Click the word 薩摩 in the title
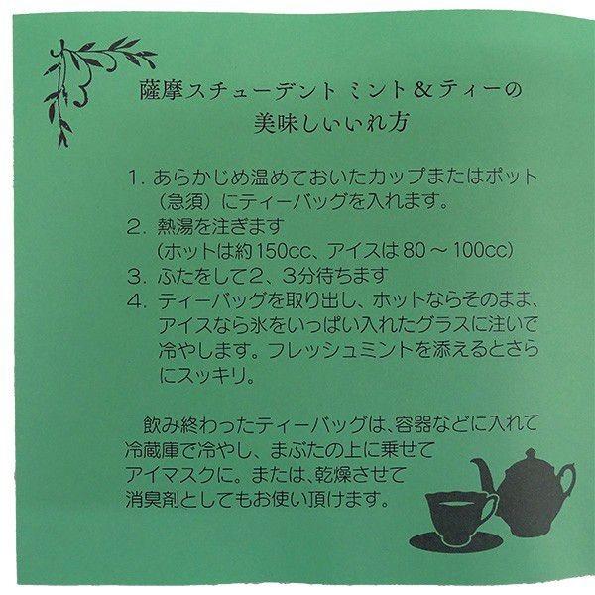pyautogui.click(x=161, y=93)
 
